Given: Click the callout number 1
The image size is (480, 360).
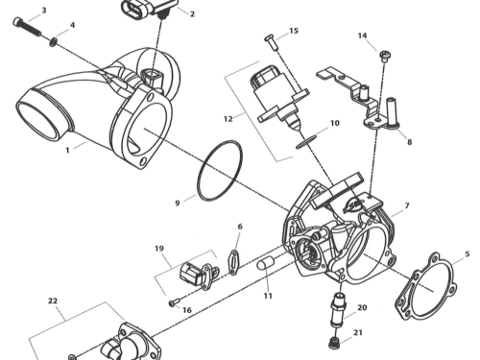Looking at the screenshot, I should pyautogui.click(x=68, y=151).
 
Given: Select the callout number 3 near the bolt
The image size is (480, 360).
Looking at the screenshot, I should pyautogui.click(x=43, y=11).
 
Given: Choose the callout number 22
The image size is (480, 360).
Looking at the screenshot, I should pyautogui.click(x=53, y=300).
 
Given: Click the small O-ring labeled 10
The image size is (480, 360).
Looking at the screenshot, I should pyautogui.click(x=304, y=141).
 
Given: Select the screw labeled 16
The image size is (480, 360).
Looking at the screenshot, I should pyautogui.click(x=173, y=303).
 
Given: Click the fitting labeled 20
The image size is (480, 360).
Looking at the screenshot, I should pyautogui.click(x=339, y=309).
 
